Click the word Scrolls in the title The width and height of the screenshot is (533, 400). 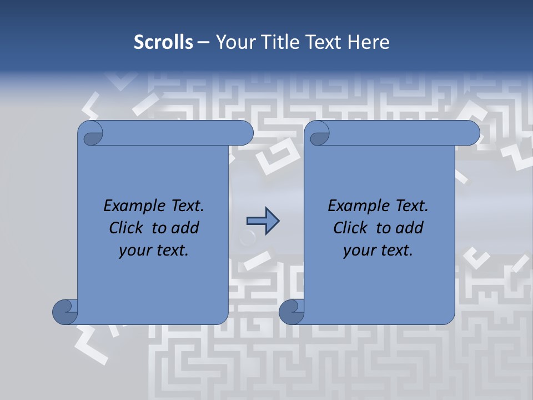(x=163, y=42)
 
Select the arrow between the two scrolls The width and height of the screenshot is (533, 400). (x=263, y=221)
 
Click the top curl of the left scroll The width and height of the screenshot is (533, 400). (x=91, y=134)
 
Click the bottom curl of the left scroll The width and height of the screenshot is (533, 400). (x=66, y=311)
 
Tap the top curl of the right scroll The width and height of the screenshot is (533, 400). (x=318, y=134)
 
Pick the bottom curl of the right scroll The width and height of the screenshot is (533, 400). (x=291, y=311)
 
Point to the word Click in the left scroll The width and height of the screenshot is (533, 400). (x=127, y=228)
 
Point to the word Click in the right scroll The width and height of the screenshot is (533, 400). (x=351, y=228)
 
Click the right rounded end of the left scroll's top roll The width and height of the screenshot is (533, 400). (x=244, y=133)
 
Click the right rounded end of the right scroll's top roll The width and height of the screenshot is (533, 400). (x=471, y=133)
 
